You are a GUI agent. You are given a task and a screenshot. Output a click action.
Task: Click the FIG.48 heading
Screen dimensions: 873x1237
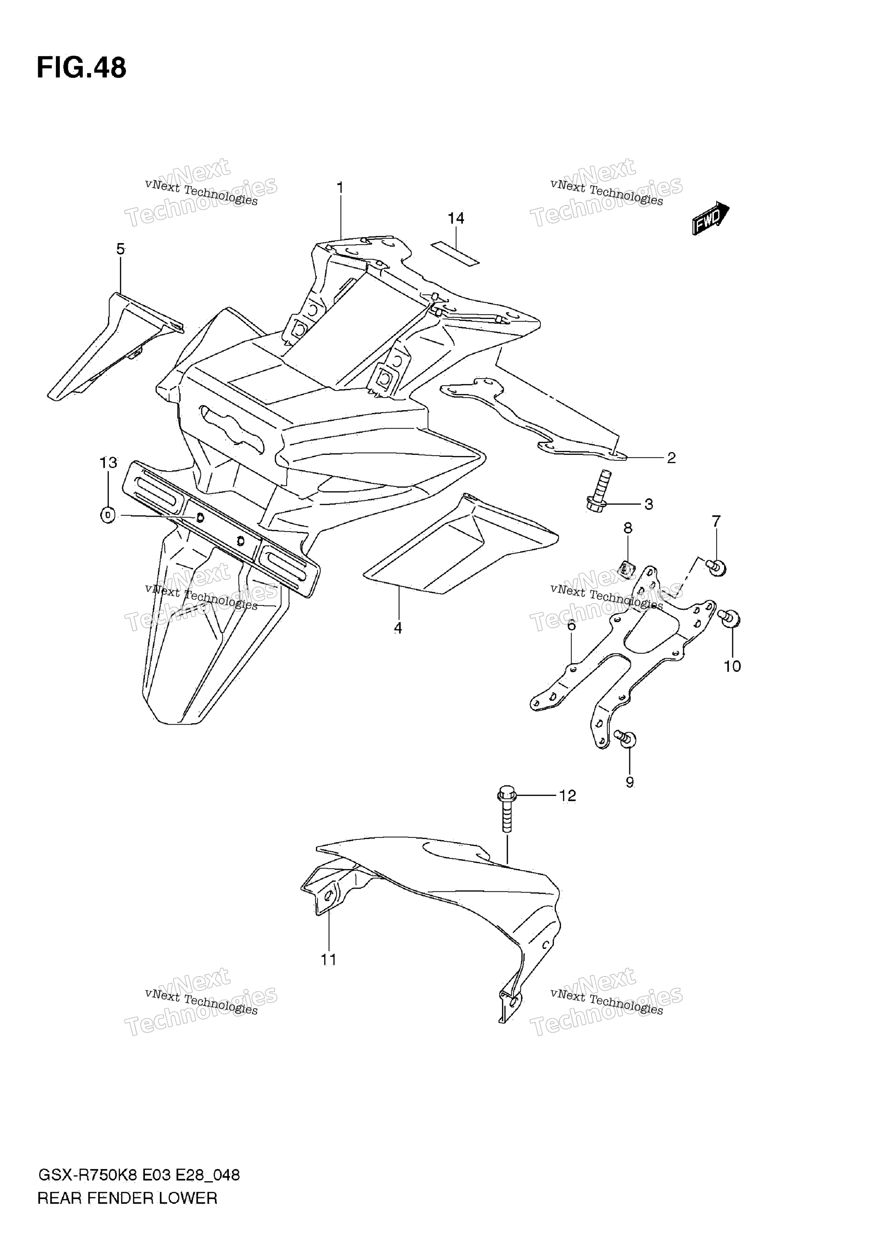click(81, 68)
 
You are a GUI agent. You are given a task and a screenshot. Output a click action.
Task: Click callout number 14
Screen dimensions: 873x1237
click(456, 218)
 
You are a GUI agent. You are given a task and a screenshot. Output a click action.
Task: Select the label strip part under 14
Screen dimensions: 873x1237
click(455, 254)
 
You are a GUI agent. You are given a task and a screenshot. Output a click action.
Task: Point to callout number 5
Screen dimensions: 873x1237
click(121, 249)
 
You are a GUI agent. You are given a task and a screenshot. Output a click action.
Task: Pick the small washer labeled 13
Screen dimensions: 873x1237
click(108, 515)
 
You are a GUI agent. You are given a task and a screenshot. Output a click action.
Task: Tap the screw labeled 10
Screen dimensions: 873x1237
click(729, 618)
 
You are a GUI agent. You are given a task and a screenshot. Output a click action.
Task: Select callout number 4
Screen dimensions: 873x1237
click(398, 628)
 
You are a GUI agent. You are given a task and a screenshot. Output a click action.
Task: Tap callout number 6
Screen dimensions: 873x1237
click(572, 626)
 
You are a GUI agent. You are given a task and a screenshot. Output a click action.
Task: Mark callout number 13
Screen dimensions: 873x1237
click(108, 462)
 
